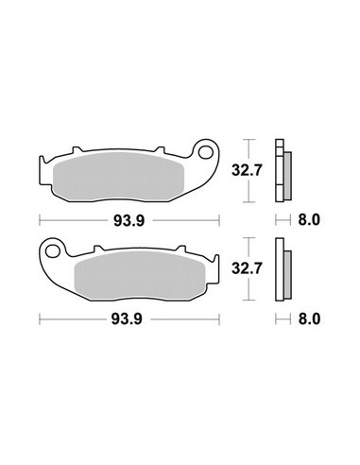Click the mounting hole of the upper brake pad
[205, 152]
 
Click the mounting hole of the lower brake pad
[52, 251]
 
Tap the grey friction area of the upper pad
[118, 178]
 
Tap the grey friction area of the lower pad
[140, 276]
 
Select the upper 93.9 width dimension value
[129, 221]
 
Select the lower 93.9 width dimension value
[127, 319]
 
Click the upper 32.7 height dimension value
[247, 170]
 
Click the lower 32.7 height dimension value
[247, 268]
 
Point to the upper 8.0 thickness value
[309, 220]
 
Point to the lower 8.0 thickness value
[309, 319]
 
